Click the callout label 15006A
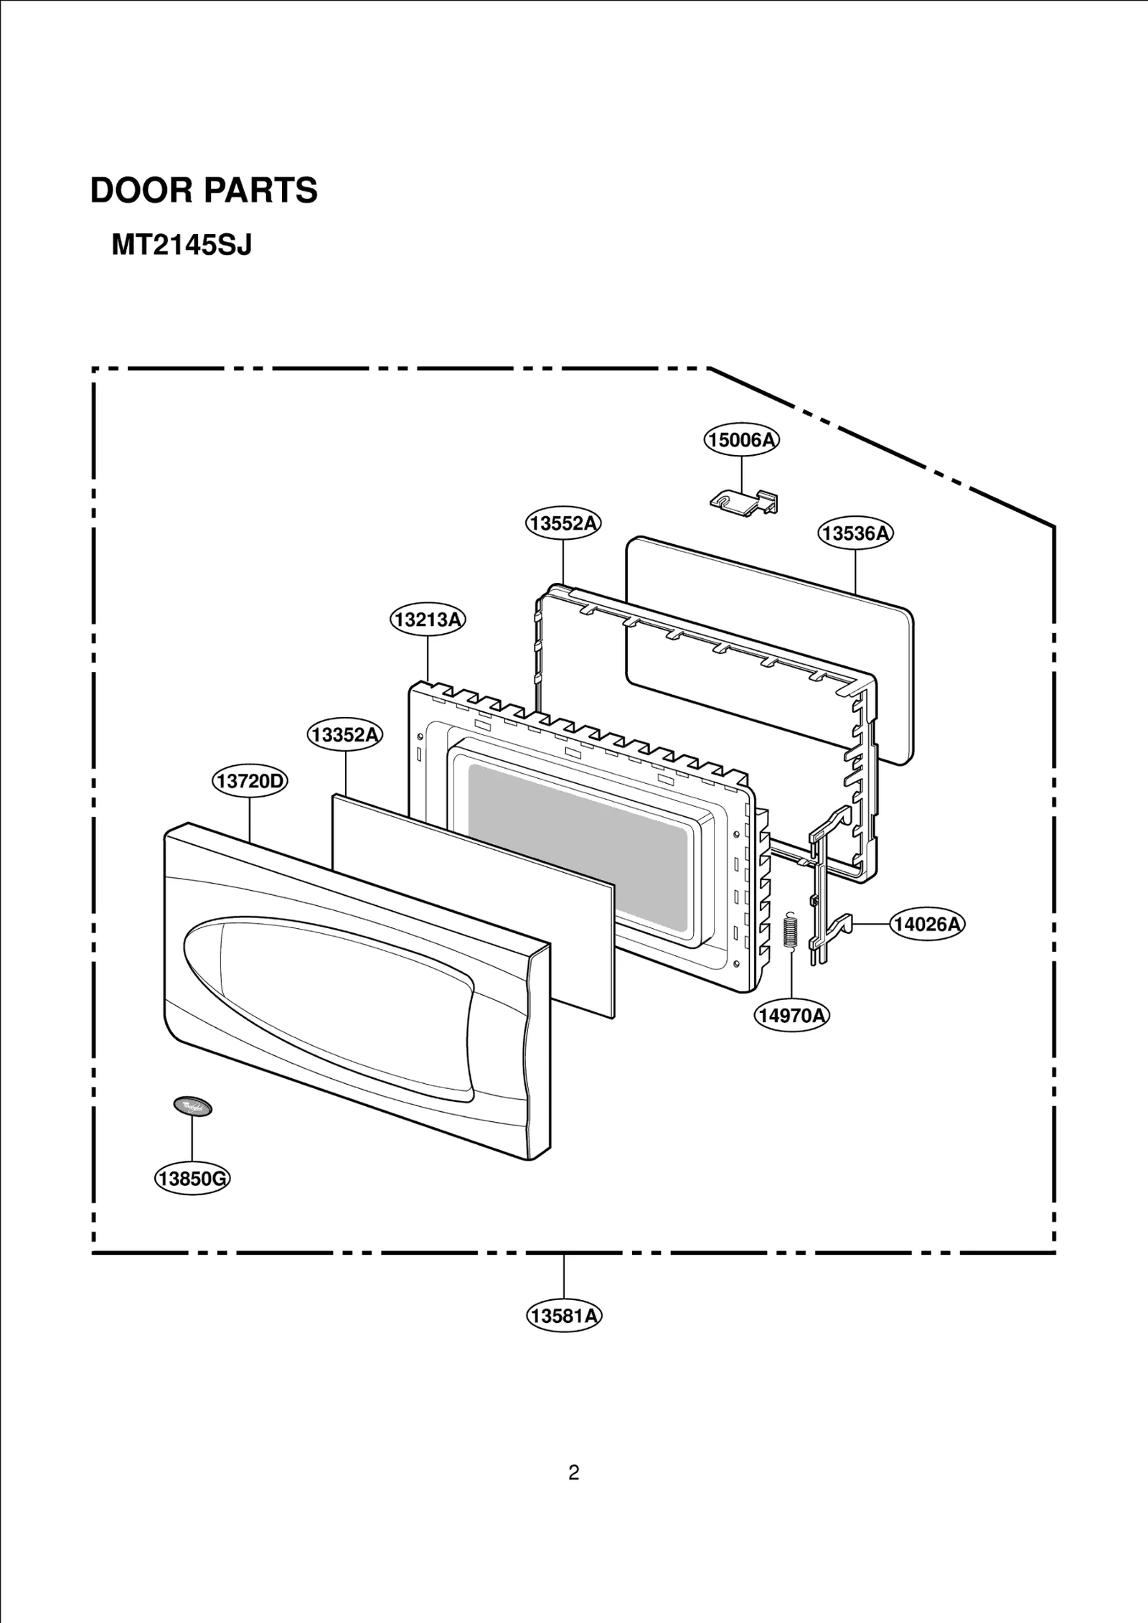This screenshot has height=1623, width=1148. pos(741,439)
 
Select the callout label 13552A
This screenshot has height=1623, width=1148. pos(563,523)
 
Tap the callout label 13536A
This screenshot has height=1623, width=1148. pos(855,533)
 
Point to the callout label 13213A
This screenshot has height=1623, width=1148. pos(428,619)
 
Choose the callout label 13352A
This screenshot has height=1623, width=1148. pos(345,734)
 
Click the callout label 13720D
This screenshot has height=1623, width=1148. pos(250,780)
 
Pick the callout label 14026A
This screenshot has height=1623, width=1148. pos(927,924)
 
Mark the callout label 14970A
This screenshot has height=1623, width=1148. pos(792,1015)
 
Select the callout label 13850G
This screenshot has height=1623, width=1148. pos(192,1179)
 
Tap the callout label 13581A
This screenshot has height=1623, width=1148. pos(564,1316)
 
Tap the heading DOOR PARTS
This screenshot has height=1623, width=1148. pos(204,191)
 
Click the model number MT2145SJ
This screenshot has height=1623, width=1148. pos(182,246)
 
